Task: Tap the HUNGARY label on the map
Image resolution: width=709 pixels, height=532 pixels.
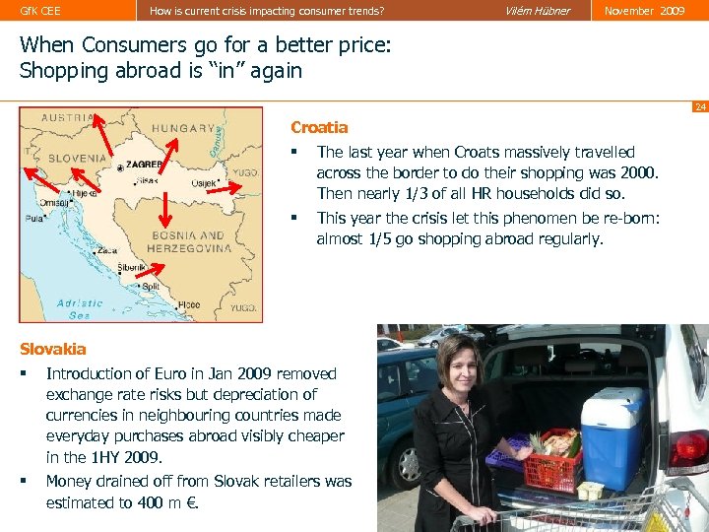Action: [x=185, y=128]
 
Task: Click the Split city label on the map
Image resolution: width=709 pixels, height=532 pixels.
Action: [x=150, y=285]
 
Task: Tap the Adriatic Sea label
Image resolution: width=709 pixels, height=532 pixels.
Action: [x=80, y=308]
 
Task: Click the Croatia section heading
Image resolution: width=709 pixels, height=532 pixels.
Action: [x=319, y=127]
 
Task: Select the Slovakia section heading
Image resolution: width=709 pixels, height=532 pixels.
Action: [x=53, y=349]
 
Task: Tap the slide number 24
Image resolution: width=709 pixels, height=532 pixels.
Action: [x=699, y=106]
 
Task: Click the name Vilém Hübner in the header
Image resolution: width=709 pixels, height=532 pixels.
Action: [x=537, y=11]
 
